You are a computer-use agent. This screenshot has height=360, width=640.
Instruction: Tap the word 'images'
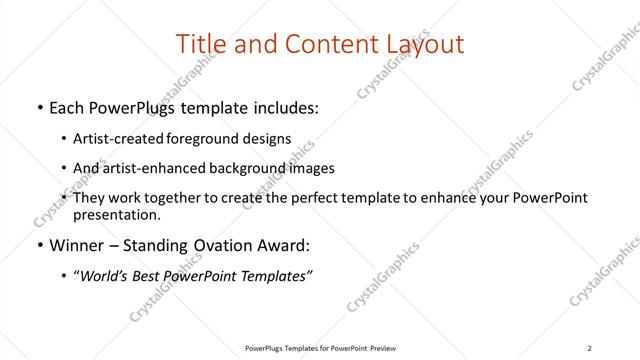[312, 168]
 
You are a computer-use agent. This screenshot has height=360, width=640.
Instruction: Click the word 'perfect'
[313, 198]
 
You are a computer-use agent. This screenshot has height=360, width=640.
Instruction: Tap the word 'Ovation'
[221, 245]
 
